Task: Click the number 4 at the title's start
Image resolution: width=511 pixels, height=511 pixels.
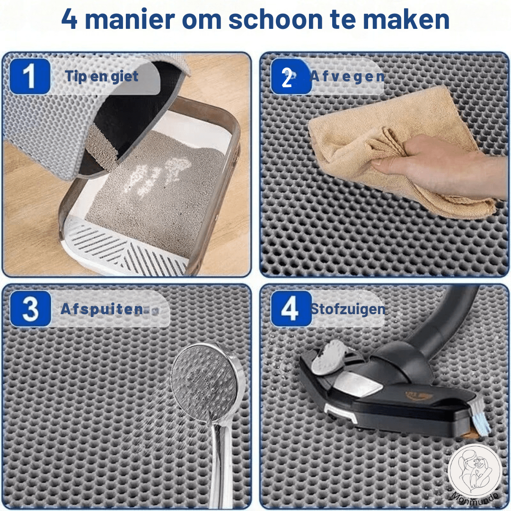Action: coord(69,20)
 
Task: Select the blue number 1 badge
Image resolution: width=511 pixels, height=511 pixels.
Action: coord(29,76)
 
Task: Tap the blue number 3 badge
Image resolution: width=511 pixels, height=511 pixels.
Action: coord(30,309)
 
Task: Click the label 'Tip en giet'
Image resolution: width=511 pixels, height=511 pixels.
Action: coord(102,76)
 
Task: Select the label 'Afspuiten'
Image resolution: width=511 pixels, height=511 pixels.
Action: coord(102,309)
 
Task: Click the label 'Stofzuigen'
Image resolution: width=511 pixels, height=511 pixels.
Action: coord(348,309)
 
